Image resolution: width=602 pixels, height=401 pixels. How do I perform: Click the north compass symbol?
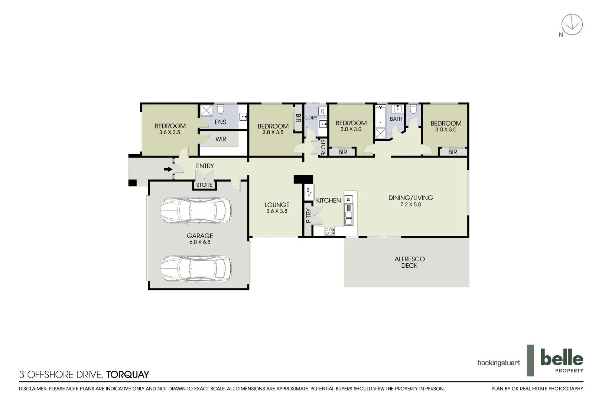point(572,25)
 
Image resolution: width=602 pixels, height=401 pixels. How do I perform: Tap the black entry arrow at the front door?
point(168,169)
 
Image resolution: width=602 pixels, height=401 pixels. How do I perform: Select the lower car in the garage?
point(196,268)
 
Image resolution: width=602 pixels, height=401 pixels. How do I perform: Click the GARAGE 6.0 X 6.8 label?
point(200,238)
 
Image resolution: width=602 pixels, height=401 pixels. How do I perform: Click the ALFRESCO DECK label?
point(409,262)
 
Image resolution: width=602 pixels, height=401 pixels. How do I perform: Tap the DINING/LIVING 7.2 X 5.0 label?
point(410,201)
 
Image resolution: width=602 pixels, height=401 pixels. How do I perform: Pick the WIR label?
point(221,139)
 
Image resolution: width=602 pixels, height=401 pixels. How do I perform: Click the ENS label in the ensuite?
point(220,122)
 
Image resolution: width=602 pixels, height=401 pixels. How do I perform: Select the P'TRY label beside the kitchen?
point(308,215)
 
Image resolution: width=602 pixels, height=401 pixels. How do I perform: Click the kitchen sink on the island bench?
point(348,200)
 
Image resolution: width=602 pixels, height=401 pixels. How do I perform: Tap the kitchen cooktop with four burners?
point(329,231)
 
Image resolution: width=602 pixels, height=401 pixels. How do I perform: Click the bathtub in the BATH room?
point(380,116)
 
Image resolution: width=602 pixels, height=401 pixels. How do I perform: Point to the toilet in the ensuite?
point(221,110)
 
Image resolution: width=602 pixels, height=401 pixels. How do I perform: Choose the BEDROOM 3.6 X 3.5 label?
point(170,129)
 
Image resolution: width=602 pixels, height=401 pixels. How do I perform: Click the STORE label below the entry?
point(204,185)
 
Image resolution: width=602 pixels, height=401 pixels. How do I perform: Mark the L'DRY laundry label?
point(311,118)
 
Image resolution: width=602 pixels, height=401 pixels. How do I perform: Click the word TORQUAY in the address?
point(127,375)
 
